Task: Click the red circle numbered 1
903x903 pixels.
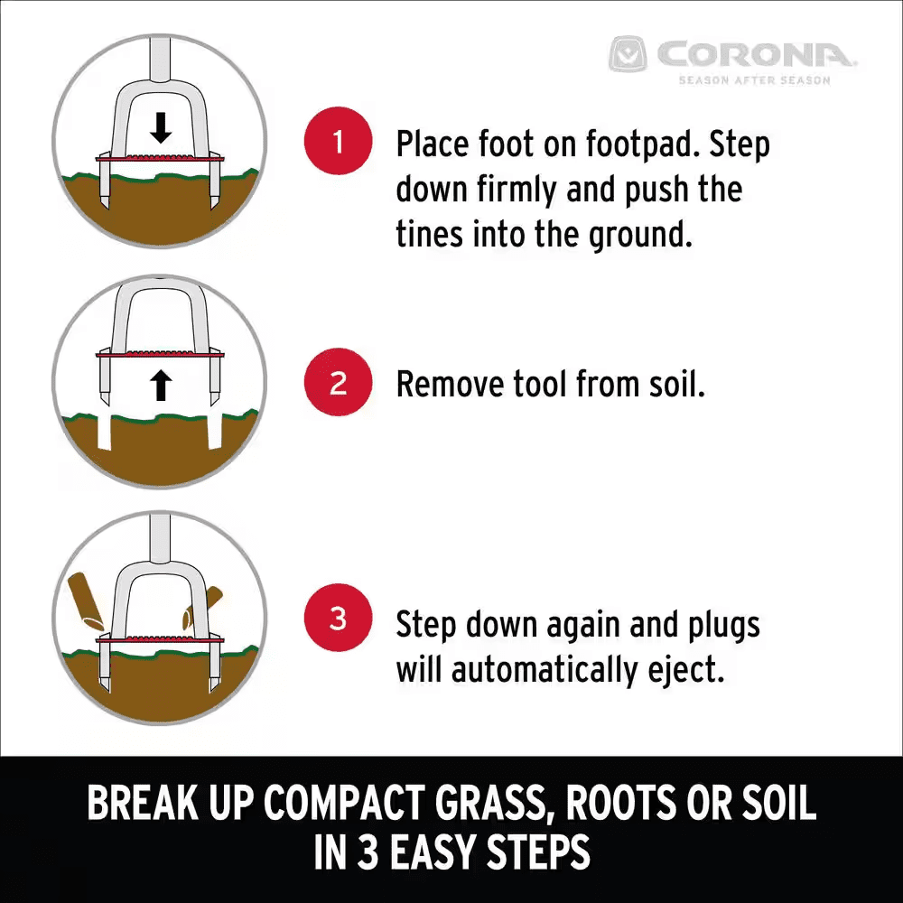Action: [x=338, y=143]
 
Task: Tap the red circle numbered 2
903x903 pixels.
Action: [x=338, y=384]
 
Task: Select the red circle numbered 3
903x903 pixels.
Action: [x=338, y=619]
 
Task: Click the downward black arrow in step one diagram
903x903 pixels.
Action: [x=161, y=129]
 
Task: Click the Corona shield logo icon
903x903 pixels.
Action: [x=629, y=55]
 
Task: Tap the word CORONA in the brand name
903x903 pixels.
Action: [x=755, y=55]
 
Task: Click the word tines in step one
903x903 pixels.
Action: [x=426, y=235]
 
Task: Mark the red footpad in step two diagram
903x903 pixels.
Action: [x=161, y=356]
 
